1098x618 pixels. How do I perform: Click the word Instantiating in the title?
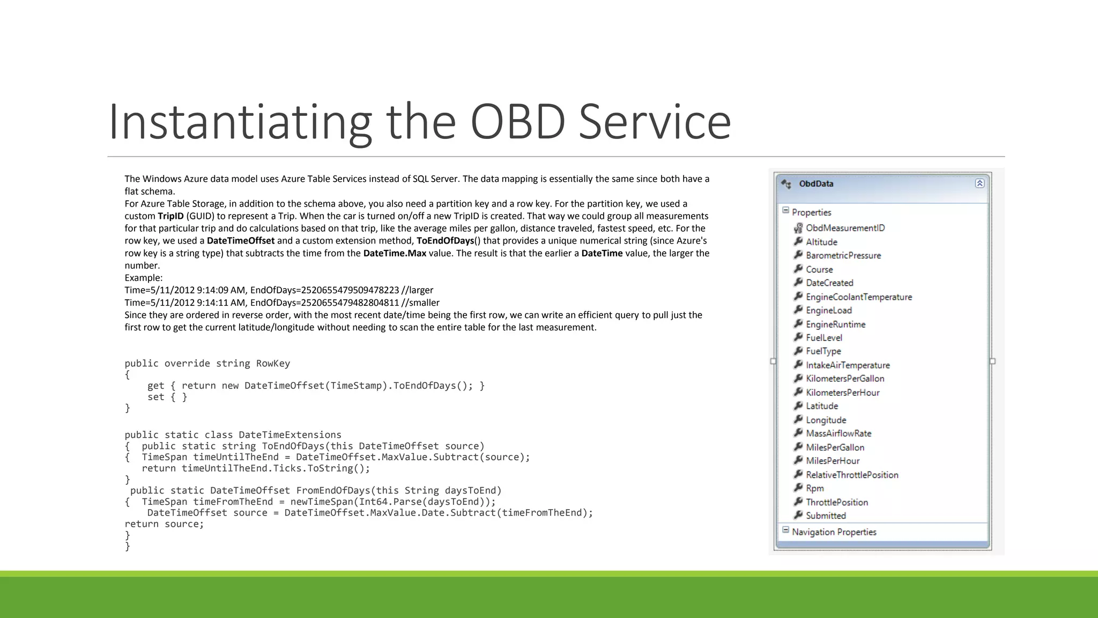pyautogui.click(x=240, y=122)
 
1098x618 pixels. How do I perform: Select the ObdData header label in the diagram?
pyautogui.click(x=816, y=184)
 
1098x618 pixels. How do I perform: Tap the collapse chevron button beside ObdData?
pyautogui.click(x=980, y=183)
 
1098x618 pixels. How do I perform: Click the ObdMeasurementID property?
pyautogui.click(x=845, y=228)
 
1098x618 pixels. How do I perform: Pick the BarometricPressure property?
pyautogui.click(x=843, y=256)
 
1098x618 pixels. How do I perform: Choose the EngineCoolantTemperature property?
pyautogui.click(x=858, y=297)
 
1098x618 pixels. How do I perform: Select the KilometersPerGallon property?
pyautogui.click(x=845, y=379)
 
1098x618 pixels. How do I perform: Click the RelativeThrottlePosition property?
pyautogui.click(x=852, y=475)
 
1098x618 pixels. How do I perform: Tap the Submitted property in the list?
pyautogui.click(x=826, y=516)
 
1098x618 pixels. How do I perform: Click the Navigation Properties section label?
pyautogui.click(x=834, y=532)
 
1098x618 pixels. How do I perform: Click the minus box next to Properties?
pyautogui.click(x=785, y=211)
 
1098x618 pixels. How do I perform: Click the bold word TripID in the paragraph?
pyautogui.click(x=170, y=216)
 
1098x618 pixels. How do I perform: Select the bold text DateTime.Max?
pyautogui.click(x=395, y=253)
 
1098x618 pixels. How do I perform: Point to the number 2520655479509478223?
pyautogui.click(x=350, y=290)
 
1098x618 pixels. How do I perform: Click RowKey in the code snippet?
pyautogui.click(x=273, y=364)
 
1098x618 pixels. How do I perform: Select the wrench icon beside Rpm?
pyautogui.click(x=798, y=488)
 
